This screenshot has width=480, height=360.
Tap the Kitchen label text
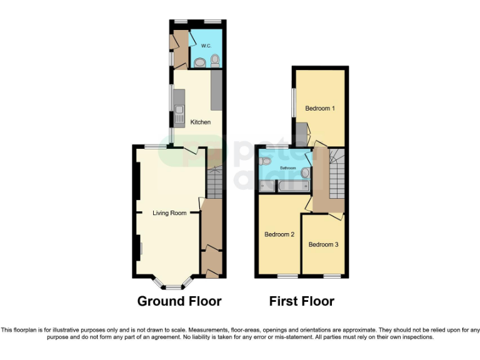coord(201,122)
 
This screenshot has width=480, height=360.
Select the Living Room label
coord(170,213)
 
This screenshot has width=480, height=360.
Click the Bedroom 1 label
coord(320,108)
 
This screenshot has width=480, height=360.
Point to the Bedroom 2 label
coord(279,234)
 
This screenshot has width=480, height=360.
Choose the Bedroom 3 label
coord(323,244)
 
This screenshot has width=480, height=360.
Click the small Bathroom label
coord(287,168)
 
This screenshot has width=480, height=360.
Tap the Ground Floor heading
coord(179,301)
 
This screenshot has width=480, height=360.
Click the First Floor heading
coord(301,301)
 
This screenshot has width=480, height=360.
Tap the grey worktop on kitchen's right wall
coord(217,89)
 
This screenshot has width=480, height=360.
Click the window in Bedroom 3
coord(332,276)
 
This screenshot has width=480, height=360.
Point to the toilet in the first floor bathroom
coord(266,161)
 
